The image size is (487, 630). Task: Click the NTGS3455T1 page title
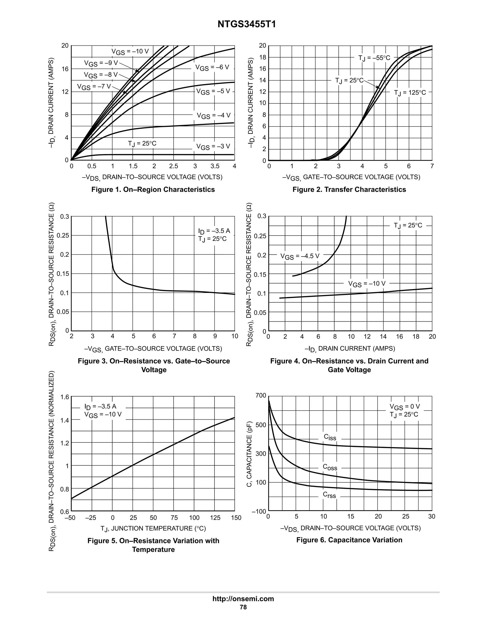[247, 24]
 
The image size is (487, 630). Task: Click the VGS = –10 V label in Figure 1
[130, 52]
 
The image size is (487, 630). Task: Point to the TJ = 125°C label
[410, 92]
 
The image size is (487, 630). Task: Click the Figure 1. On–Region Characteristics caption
[153, 189]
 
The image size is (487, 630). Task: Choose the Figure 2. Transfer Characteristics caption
[349, 189]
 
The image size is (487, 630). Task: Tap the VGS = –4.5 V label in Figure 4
[300, 256]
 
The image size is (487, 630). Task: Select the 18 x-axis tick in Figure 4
[416, 337]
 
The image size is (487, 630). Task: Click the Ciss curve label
[330, 437]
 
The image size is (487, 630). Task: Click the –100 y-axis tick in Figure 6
[259, 511]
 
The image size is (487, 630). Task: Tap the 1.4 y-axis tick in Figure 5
[65, 420]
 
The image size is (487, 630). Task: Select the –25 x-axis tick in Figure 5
[91, 518]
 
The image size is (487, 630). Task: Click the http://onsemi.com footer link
[243, 599]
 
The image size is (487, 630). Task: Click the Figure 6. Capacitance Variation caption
[349, 540]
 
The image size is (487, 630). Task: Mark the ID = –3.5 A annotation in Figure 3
[214, 231]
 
